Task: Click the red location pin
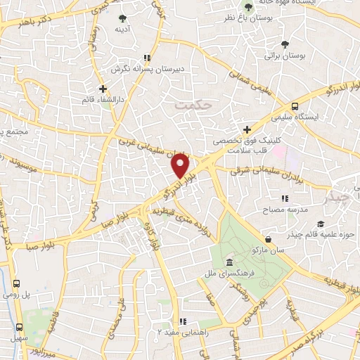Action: pos(181,167)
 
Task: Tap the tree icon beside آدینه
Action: pos(124,18)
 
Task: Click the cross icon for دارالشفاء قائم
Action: pos(103,89)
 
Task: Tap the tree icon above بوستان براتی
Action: pos(284,44)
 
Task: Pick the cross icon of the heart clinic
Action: pos(247,129)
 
